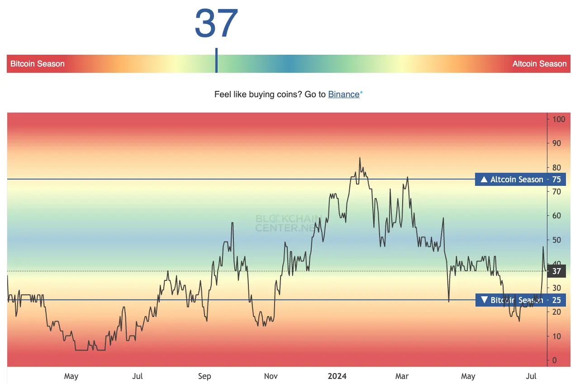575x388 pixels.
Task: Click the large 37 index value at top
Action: tap(216, 24)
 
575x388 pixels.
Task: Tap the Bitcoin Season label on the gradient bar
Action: tap(37, 64)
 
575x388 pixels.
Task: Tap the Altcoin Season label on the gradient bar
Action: tap(539, 64)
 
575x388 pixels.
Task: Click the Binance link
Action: tap(343, 95)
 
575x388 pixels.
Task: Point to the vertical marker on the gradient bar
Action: tap(216, 61)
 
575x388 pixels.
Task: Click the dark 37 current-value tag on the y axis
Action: tap(556, 271)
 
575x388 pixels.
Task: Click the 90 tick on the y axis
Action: tap(557, 143)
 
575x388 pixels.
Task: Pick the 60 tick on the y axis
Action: tap(557, 216)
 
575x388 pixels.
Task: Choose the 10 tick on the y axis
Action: tap(557, 336)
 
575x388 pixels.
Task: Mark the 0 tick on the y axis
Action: tap(555, 360)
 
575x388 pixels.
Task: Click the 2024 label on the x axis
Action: tap(337, 376)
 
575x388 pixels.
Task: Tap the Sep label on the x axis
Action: tap(204, 376)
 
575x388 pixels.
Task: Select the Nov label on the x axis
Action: tap(271, 376)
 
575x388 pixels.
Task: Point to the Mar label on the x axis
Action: tap(402, 376)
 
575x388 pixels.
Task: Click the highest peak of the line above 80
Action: tap(360, 158)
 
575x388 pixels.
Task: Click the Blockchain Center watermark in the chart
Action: tap(288, 223)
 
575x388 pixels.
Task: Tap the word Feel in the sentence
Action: tap(222, 95)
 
